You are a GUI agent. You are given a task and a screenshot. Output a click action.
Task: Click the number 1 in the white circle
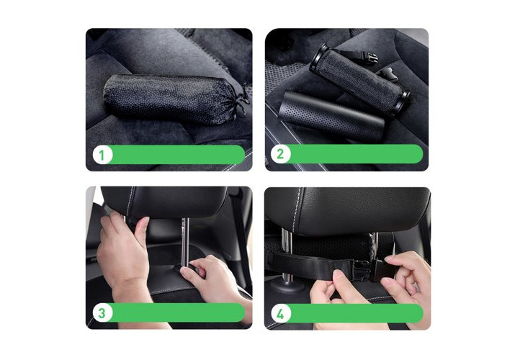(x=102, y=155)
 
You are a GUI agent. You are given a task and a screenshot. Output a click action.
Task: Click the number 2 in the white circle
(x=280, y=154)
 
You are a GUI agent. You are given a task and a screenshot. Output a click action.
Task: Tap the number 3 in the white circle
(x=102, y=312)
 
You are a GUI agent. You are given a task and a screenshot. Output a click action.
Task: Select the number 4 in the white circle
(x=280, y=314)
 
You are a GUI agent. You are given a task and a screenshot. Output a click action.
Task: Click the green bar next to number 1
(x=177, y=155)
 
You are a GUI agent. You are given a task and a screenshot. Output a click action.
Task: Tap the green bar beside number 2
(x=355, y=153)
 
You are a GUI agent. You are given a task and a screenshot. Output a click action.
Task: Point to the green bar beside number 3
(x=177, y=312)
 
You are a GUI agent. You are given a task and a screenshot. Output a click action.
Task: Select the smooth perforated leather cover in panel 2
(x=331, y=115)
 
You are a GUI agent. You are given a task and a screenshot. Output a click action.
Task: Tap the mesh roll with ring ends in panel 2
(x=359, y=80)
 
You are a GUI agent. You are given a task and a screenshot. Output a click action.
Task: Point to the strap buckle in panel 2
(x=372, y=58)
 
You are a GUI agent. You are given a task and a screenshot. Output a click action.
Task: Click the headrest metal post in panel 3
(x=185, y=242)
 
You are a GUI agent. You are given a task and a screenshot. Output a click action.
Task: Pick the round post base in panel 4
(x=287, y=287)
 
